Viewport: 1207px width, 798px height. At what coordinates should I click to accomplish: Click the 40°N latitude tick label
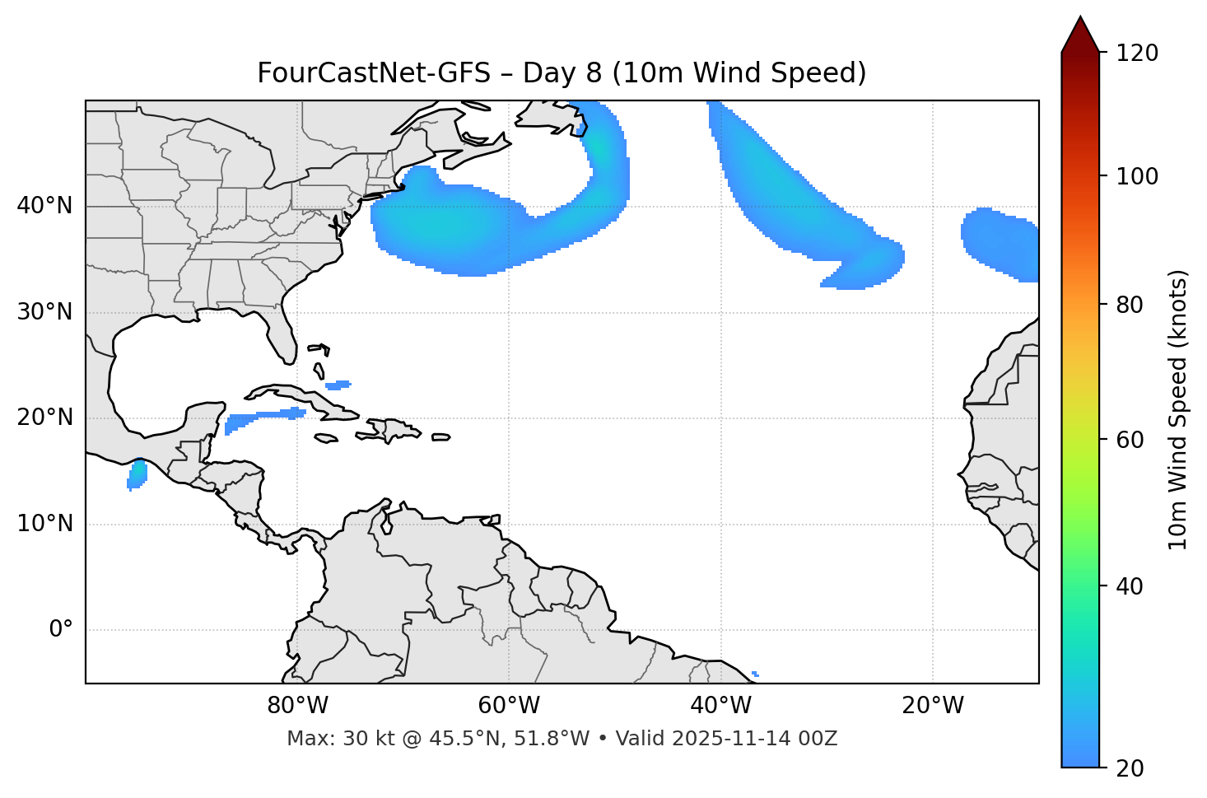[44, 206]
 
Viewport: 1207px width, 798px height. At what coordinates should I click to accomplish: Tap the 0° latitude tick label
[60, 630]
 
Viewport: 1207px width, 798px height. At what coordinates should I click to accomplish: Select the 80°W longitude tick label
[297, 706]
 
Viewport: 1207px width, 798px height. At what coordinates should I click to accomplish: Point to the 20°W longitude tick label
[933, 706]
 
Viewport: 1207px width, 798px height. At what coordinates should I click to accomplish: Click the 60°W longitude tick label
[509, 706]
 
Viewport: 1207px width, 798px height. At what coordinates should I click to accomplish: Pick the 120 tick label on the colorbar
[1137, 54]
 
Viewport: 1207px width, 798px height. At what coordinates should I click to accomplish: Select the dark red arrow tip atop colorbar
[1080, 33]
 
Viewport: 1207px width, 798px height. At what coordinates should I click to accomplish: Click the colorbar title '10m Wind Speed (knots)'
[1178, 409]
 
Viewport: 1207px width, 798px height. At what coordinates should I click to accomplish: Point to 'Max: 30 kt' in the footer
[329, 739]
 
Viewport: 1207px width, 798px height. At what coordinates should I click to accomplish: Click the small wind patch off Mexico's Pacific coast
[137, 475]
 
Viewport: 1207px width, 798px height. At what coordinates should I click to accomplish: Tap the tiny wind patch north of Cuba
[338, 385]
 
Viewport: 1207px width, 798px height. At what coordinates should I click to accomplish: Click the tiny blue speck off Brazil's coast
[755, 674]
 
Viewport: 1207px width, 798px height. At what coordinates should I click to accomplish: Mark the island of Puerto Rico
[441, 437]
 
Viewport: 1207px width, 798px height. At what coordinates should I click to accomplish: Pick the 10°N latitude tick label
[44, 524]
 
